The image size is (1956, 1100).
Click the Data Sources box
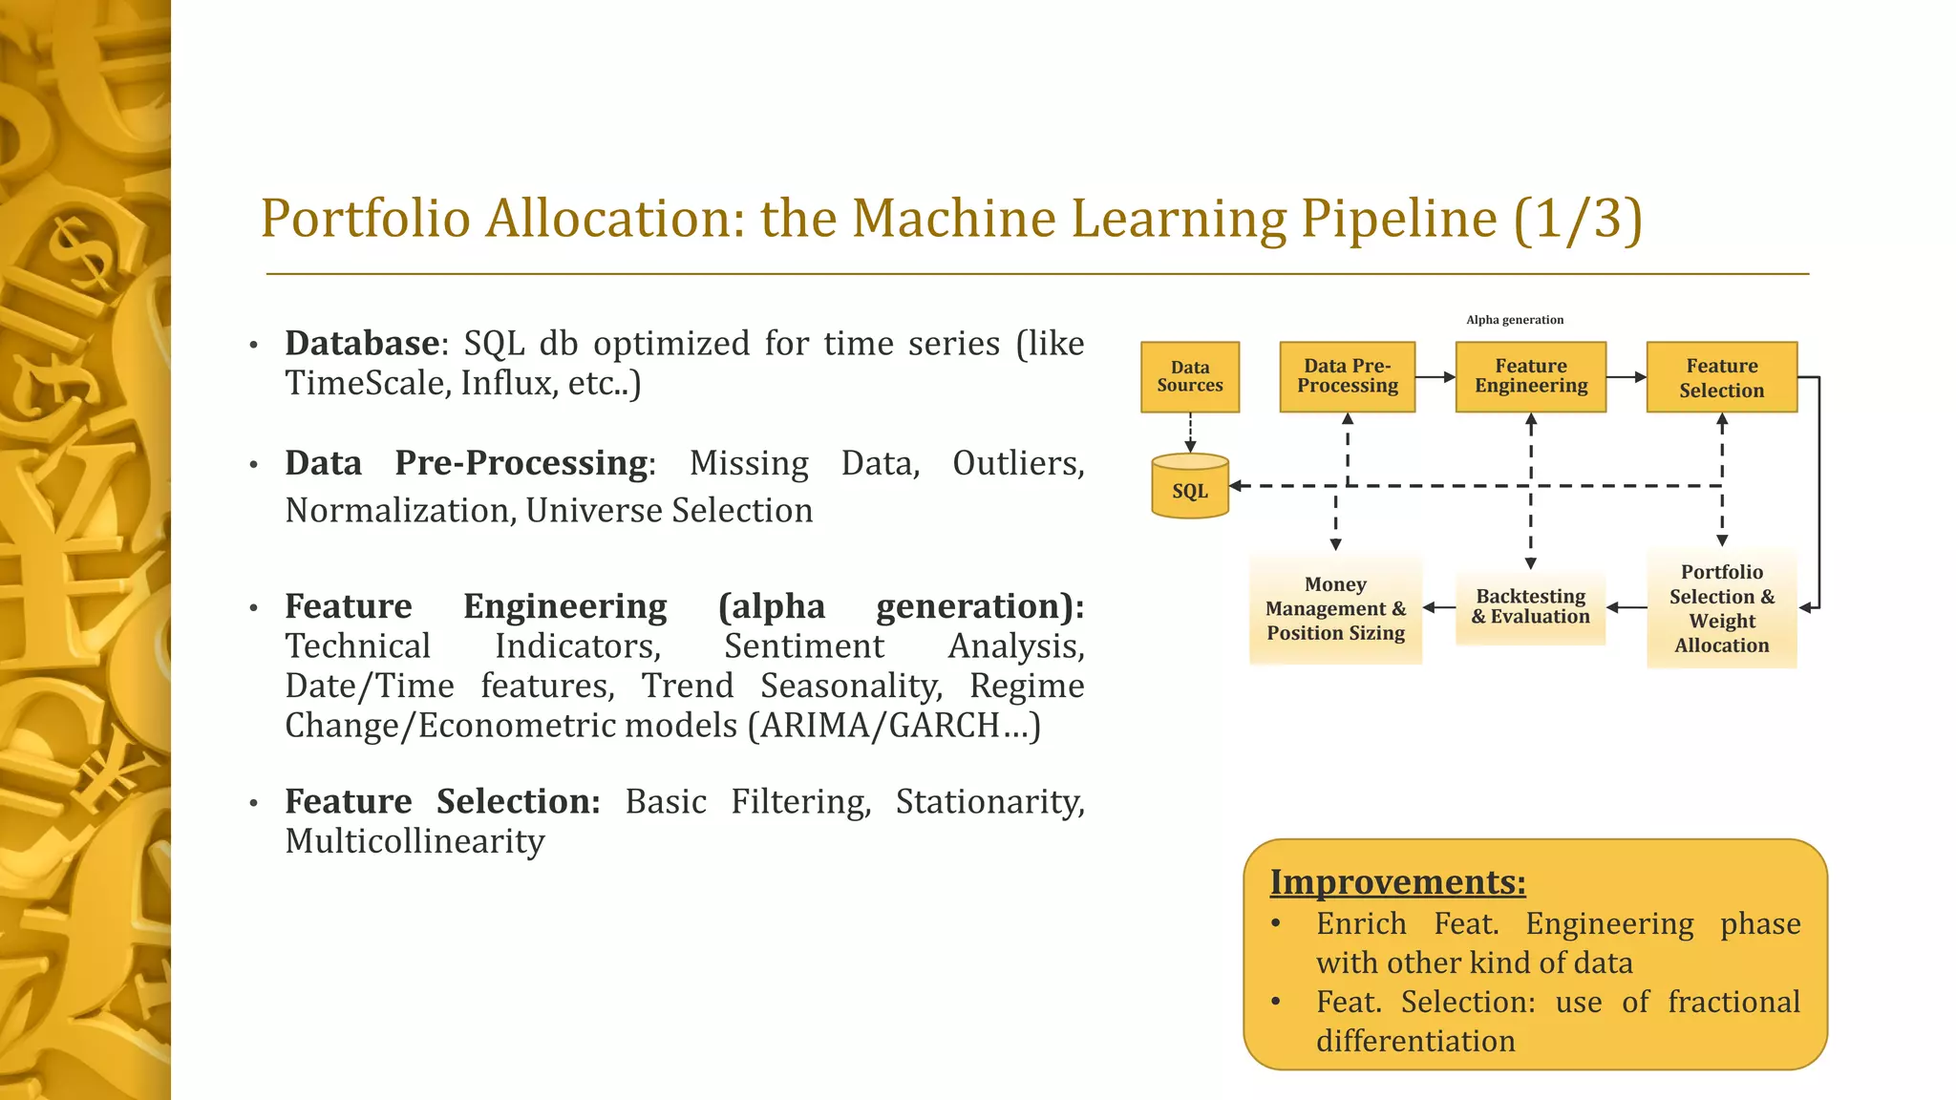[x=1189, y=377]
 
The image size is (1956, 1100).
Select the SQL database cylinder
[x=1189, y=488]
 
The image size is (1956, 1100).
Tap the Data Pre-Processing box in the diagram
[x=1347, y=377]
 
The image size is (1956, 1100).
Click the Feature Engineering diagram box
[x=1530, y=377]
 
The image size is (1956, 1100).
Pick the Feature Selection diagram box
[x=1721, y=377]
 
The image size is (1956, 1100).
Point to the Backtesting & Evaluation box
[x=1530, y=607]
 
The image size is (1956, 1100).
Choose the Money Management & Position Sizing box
[x=1335, y=608]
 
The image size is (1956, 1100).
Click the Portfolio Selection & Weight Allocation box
[x=1721, y=608]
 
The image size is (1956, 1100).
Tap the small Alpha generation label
[x=1515, y=320]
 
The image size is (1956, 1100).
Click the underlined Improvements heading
[x=1397, y=881]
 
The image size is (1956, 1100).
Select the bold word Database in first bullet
[x=362, y=343]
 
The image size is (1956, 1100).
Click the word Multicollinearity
[x=415, y=841]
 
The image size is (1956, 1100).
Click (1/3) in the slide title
[x=1578, y=219]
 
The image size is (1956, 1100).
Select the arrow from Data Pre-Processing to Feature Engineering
[x=1435, y=377]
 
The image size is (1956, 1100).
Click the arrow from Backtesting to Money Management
[x=1438, y=607]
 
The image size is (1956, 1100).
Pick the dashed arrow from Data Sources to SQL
[x=1190, y=433]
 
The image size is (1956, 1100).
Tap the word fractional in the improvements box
[x=1733, y=1002]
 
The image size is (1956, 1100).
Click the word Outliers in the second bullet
[x=1017, y=463]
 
